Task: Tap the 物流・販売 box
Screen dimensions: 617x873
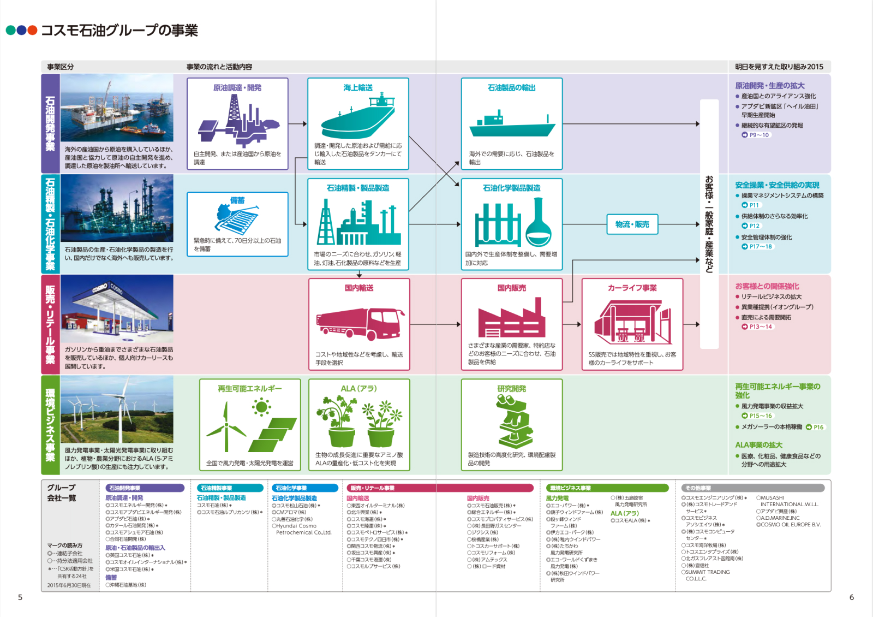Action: (632, 224)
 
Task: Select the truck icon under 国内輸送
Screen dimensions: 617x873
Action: (360, 324)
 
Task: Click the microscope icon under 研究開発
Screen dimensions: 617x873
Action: (513, 421)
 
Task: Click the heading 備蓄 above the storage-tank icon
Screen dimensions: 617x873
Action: (237, 200)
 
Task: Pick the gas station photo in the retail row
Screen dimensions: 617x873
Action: (117, 308)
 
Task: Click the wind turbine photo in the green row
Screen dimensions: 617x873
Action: (117, 409)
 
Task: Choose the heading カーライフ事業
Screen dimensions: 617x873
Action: (632, 288)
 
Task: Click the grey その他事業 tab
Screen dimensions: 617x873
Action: (752, 488)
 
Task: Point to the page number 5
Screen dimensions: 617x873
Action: (20, 597)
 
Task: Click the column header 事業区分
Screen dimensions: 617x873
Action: (60, 67)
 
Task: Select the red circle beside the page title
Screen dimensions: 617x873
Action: (32, 31)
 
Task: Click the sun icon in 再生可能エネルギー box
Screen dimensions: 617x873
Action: (262, 407)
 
